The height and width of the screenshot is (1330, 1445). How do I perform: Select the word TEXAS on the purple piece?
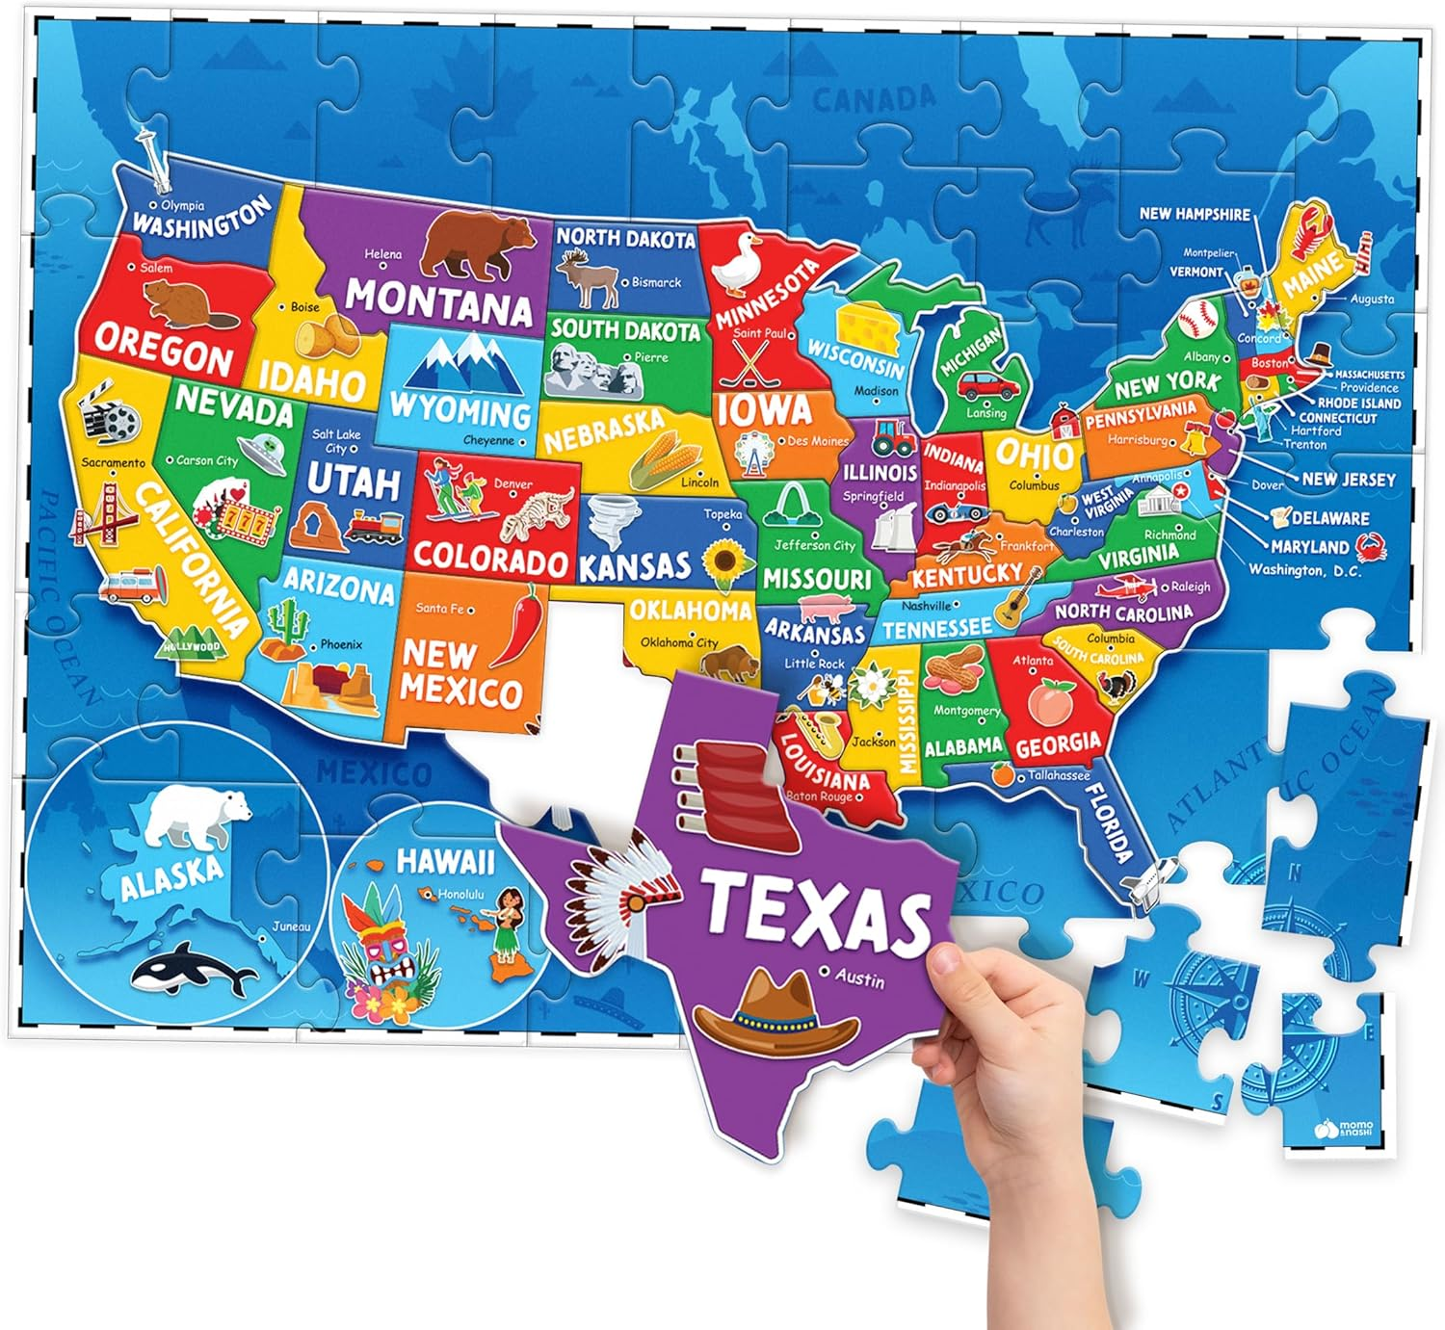(x=816, y=909)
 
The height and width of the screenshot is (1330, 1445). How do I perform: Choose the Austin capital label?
(x=858, y=978)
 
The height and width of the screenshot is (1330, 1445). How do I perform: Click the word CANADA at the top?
(x=873, y=98)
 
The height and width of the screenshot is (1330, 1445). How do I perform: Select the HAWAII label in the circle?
(x=445, y=860)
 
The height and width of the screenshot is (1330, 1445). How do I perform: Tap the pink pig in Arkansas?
(x=827, y=608)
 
